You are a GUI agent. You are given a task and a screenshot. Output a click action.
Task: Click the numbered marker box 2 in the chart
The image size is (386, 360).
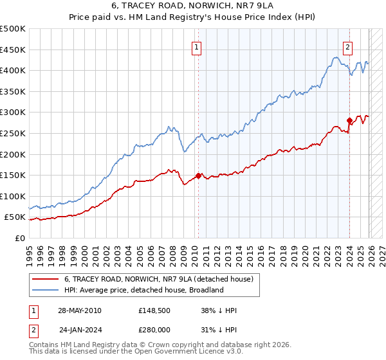(347, 46)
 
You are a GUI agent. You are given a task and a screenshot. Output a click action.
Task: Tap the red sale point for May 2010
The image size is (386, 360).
(198, 175)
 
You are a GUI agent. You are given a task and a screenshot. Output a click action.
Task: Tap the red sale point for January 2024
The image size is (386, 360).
(349, 120)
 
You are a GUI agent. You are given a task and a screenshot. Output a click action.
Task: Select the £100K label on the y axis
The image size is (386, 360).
(13, 196)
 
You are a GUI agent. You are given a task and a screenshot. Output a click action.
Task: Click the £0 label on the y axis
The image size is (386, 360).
(19, 238)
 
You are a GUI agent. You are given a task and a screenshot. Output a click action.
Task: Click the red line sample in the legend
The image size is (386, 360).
(46, 279)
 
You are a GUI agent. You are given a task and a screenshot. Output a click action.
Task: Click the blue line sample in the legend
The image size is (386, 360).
(46, 290)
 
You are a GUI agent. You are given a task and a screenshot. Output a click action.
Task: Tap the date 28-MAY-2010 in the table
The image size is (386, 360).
(79, 310)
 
